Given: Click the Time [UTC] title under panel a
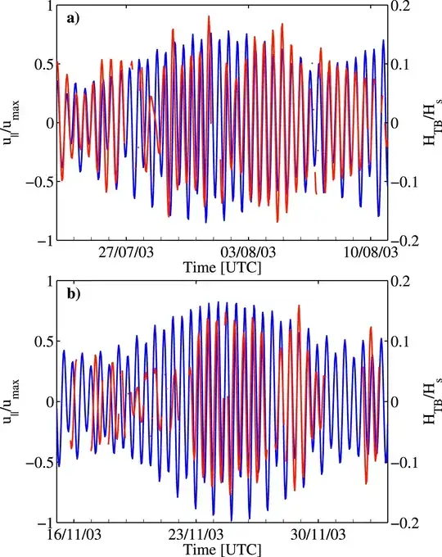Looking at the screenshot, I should coord(223,267).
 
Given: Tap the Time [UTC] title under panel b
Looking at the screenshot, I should coord(223,547).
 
